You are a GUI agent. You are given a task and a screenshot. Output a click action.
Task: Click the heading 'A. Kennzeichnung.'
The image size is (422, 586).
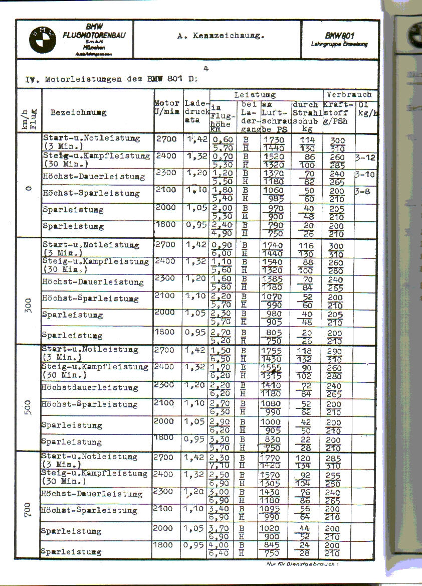(x=221, y=36)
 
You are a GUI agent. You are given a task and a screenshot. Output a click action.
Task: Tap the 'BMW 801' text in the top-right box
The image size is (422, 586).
(x=340, y=36)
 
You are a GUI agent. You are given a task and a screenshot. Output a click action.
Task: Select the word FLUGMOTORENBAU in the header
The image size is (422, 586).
(x=94, y=36)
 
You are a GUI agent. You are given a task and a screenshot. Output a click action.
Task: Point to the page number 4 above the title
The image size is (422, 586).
(x=206, y=69)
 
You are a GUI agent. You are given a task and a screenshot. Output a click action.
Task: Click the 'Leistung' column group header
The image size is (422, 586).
(x=255, y=94)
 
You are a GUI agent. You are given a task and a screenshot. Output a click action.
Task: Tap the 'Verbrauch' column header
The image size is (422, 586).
(x=349, y=94)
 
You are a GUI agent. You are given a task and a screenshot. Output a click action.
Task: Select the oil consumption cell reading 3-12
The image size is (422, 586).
(x=366, y=157)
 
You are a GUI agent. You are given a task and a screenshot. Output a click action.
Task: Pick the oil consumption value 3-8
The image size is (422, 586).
(x=365, y=192)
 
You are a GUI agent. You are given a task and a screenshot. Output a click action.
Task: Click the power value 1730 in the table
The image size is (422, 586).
(x=273, y=139)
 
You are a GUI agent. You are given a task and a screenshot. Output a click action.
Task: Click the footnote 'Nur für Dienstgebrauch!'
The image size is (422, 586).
(x=302, y=564)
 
